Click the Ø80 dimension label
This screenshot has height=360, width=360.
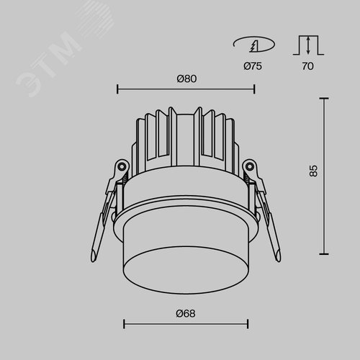[x=186, y=78]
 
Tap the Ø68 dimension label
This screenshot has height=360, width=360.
[x=186, y=313]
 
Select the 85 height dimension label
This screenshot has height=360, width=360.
[x=313, y=171]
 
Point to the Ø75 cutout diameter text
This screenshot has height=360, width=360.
[x=253, y=66]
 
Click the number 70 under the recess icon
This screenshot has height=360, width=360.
[x=307, y=66]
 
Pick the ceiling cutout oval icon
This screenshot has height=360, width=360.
[x=254, y=45]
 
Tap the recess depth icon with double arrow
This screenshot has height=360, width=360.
[x=308, y=45]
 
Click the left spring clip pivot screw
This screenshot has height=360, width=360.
[x=122, y=166]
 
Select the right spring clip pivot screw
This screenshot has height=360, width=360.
[x=250, y=166]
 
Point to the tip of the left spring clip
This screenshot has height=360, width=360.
[x=93, y=261]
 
